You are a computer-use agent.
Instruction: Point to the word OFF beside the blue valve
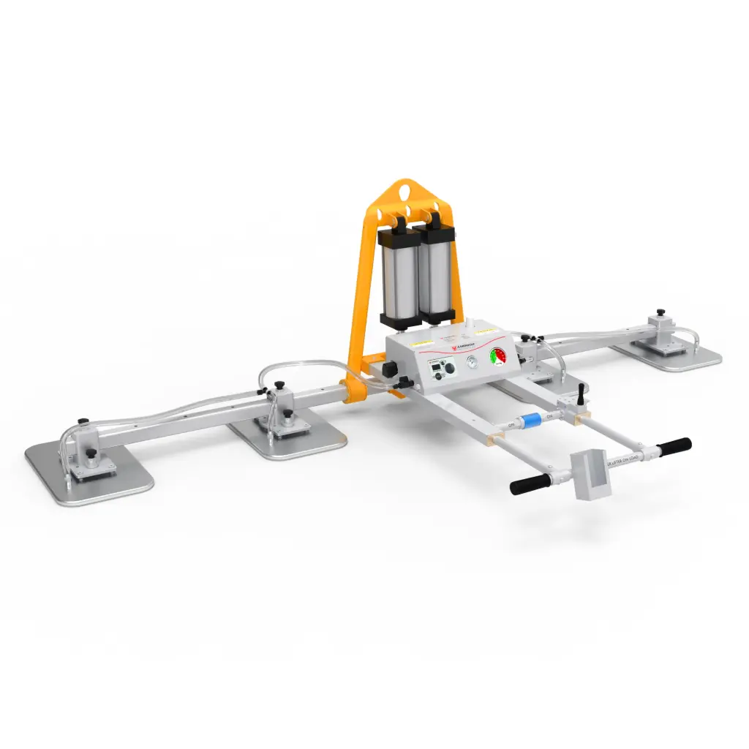point(512,424)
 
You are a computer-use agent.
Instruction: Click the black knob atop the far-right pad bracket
point(660,312)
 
